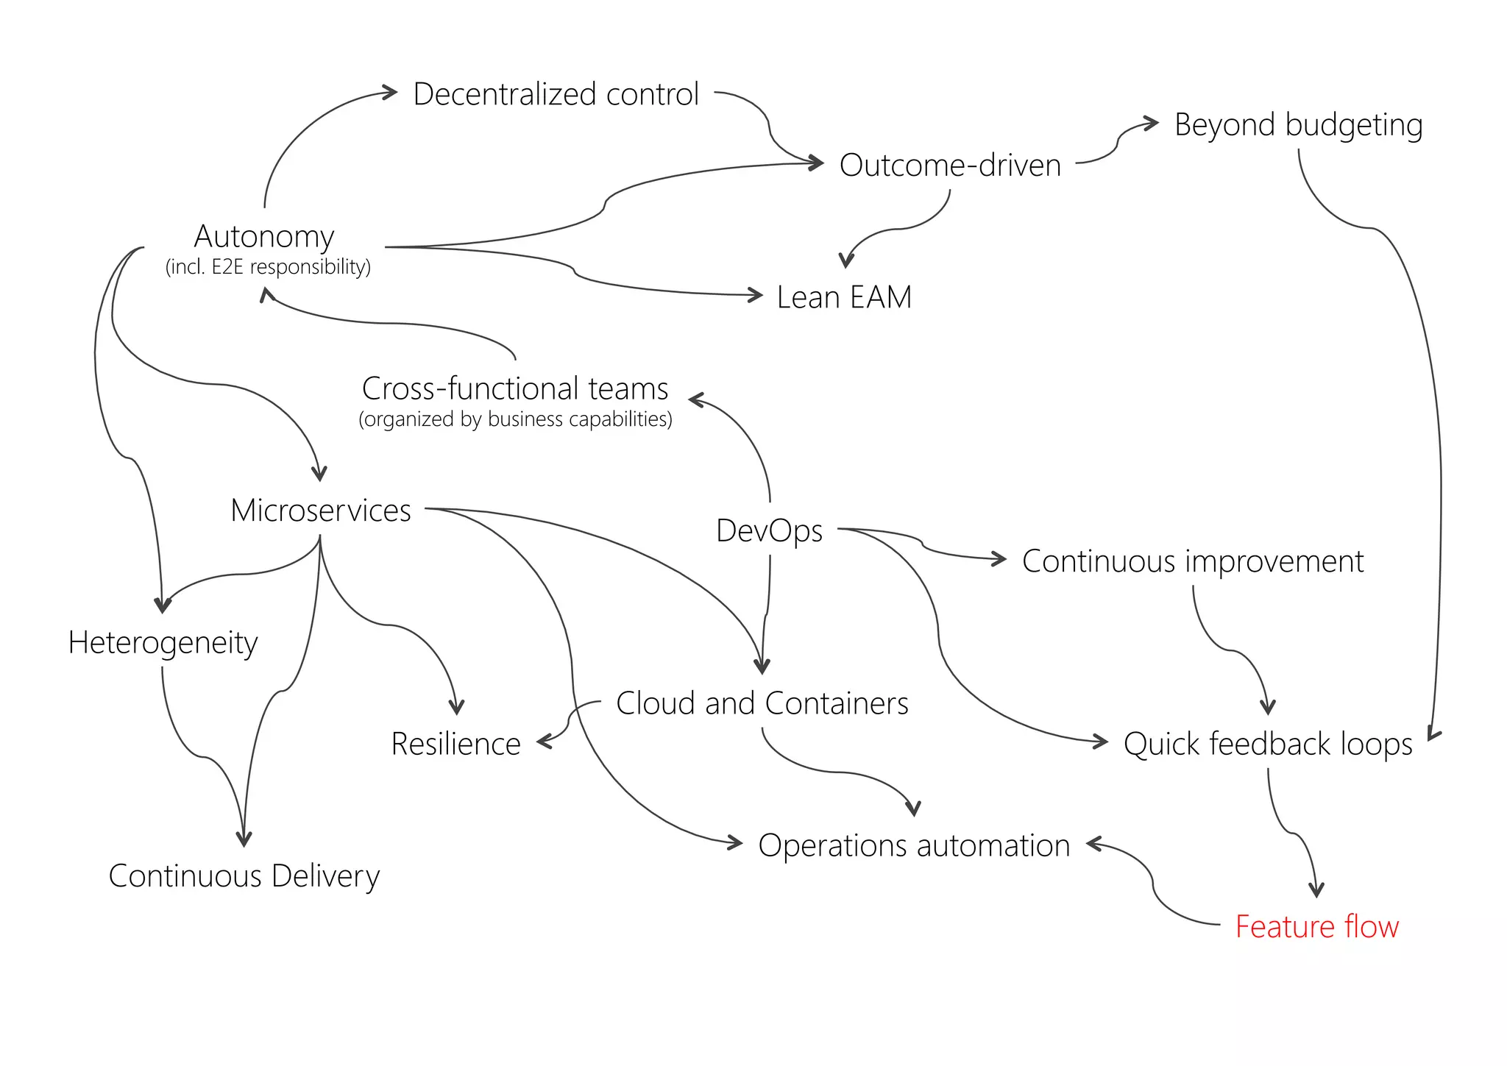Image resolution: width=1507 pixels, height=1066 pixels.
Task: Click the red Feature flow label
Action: point(1316,926)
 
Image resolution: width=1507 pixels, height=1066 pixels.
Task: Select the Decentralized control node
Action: point(556,94)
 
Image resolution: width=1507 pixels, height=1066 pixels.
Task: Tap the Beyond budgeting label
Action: point(1298,124)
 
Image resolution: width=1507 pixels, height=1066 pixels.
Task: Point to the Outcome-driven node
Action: point(950,166)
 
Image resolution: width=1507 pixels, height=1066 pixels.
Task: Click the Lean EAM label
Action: point(844,297)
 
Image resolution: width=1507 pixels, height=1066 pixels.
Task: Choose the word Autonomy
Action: point(264,236)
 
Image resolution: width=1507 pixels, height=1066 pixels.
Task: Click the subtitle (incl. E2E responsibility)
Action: point(268,266)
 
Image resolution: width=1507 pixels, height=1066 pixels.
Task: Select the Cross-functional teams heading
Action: point(515,388)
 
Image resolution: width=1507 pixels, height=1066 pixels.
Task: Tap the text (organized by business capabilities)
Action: point(515,419)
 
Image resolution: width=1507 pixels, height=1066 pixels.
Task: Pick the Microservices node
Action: point(321,511)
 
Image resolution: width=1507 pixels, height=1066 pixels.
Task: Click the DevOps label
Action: point(769,530)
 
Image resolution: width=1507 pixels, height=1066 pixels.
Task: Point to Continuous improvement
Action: point(1192,561)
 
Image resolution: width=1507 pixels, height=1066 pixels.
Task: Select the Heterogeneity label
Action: point(163,642)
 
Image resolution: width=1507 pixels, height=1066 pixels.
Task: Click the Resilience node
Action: point(455,744)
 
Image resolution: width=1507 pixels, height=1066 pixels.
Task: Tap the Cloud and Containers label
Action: point(762,703)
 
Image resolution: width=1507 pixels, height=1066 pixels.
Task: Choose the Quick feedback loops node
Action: point(1267,744)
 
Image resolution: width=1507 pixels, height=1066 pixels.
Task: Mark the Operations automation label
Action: point(914,845)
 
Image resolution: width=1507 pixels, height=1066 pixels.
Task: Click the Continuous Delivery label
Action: point(244,875)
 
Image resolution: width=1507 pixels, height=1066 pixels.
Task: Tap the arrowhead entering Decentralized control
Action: point(391,93)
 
